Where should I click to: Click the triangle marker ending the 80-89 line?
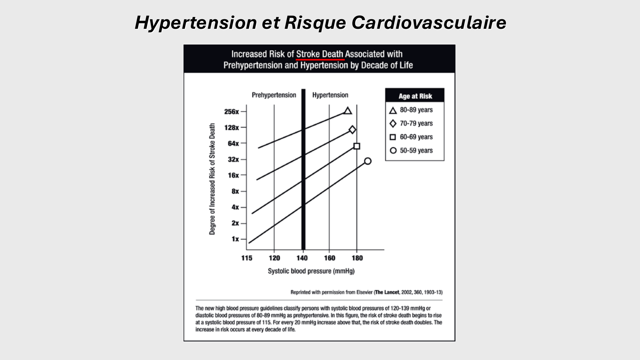coord(348,111)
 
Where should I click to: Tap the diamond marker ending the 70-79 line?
coord(352,130)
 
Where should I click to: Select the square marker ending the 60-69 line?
coord(357,146)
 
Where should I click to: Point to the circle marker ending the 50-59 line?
coord(368,161)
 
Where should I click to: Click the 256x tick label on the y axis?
coord(232,112)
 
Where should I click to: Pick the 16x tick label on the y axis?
coord(233,175)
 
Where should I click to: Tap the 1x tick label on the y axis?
coord(235,239)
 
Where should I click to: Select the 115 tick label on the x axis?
coord(247,258)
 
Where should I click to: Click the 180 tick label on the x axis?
coord(357,258)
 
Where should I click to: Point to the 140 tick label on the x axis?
coord(302,258)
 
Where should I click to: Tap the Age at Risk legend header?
coord(415,96)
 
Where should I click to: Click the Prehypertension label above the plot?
coord(274,95)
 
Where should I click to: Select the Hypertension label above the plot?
coord(330,95)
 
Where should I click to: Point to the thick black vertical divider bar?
coord(303,170)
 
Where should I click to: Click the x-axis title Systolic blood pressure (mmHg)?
coord(311,271)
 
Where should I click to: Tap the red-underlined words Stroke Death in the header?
coord(320,54)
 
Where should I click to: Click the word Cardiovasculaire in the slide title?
coord(429,23)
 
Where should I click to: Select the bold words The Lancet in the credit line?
coord(387,292)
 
